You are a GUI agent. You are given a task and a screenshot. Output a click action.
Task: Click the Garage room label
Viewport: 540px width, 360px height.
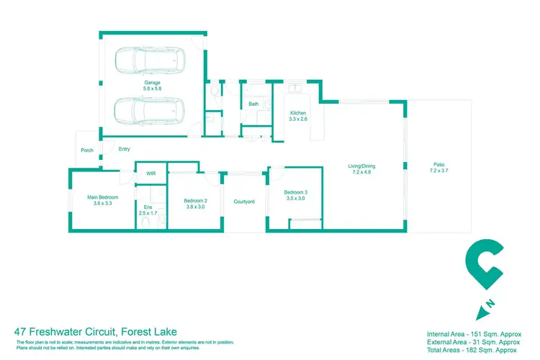tap(151, 85)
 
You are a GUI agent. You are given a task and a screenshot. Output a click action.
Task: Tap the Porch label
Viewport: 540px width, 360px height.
tap(87, 150)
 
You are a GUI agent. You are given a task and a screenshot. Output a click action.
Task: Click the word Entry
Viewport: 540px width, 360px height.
tap(125, 149)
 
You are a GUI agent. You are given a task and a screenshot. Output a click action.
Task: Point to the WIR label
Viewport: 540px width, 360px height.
tap(150, 174)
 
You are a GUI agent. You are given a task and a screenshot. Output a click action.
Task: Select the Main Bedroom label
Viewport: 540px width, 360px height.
tap(103, 200)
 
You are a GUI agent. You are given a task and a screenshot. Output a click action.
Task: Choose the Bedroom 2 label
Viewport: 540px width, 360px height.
tap(195, 203)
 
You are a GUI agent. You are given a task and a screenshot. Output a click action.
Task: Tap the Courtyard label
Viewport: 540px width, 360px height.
tap(244, 202)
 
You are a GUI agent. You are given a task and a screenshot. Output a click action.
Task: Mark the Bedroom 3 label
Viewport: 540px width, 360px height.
tap(295, 194)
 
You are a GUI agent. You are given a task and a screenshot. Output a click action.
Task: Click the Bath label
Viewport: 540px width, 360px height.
tap(253, 104)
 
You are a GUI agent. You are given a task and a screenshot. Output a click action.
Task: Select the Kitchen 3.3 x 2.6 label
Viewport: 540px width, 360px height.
tap(299, 117)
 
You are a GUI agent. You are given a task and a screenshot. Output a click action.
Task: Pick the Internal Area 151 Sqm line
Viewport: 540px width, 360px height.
tap(473, 335)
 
